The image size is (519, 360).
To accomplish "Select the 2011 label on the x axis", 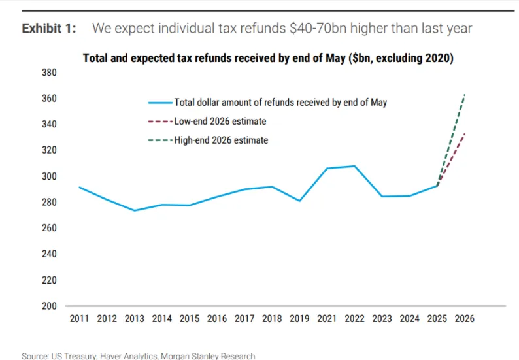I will click(x=79, y=319).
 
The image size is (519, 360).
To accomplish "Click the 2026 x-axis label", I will click(x=464, y=319).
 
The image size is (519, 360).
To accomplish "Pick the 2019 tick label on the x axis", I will click(x=299, y=319).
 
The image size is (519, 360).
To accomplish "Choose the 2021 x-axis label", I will click(x=327, y=319).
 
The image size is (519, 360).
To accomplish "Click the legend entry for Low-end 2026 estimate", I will click(x=220, y=122).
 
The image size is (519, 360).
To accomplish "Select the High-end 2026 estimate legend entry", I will click(x=221, y=140).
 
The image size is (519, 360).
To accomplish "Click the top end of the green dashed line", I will click(x=465, y=95).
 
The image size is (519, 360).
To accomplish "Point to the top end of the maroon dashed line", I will click(x=465, y=133).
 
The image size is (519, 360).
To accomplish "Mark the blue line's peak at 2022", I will click(x=354, y=166).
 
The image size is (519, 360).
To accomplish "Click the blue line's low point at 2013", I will click(x=135, y=210).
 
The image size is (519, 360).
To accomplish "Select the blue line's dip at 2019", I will click(x=299, y=201).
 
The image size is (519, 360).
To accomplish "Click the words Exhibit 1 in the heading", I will click(x=49, y=28).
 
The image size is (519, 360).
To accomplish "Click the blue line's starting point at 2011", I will click(x=79, y=188).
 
